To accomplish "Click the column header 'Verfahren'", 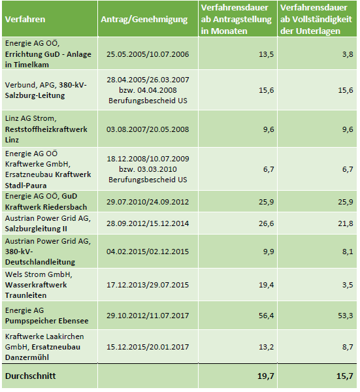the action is coord(25,19).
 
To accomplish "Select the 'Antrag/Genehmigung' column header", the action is coord(144,20).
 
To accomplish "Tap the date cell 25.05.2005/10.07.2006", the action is coord(148,54).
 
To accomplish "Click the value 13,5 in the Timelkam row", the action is coord(267,54).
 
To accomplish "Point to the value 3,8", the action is coord(348,54).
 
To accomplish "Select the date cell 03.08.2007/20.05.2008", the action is coord(148,129).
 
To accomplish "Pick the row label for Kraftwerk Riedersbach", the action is coord(46,201).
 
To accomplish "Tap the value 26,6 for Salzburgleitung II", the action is coord(267,223).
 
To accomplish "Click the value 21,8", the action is coord(346,223).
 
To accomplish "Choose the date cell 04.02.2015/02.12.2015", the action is coord(148,252).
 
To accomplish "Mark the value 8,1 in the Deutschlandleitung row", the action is coord(348,252).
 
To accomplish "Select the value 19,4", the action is coord(267,285).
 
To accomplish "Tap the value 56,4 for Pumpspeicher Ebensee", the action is coord(267,316).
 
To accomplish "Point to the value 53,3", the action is coord(346,316).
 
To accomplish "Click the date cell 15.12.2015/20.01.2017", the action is coord(148,347).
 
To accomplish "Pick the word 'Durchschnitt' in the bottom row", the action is coord(31,376).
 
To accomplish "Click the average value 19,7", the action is coord(266,376).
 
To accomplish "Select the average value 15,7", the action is coord(345,376).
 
